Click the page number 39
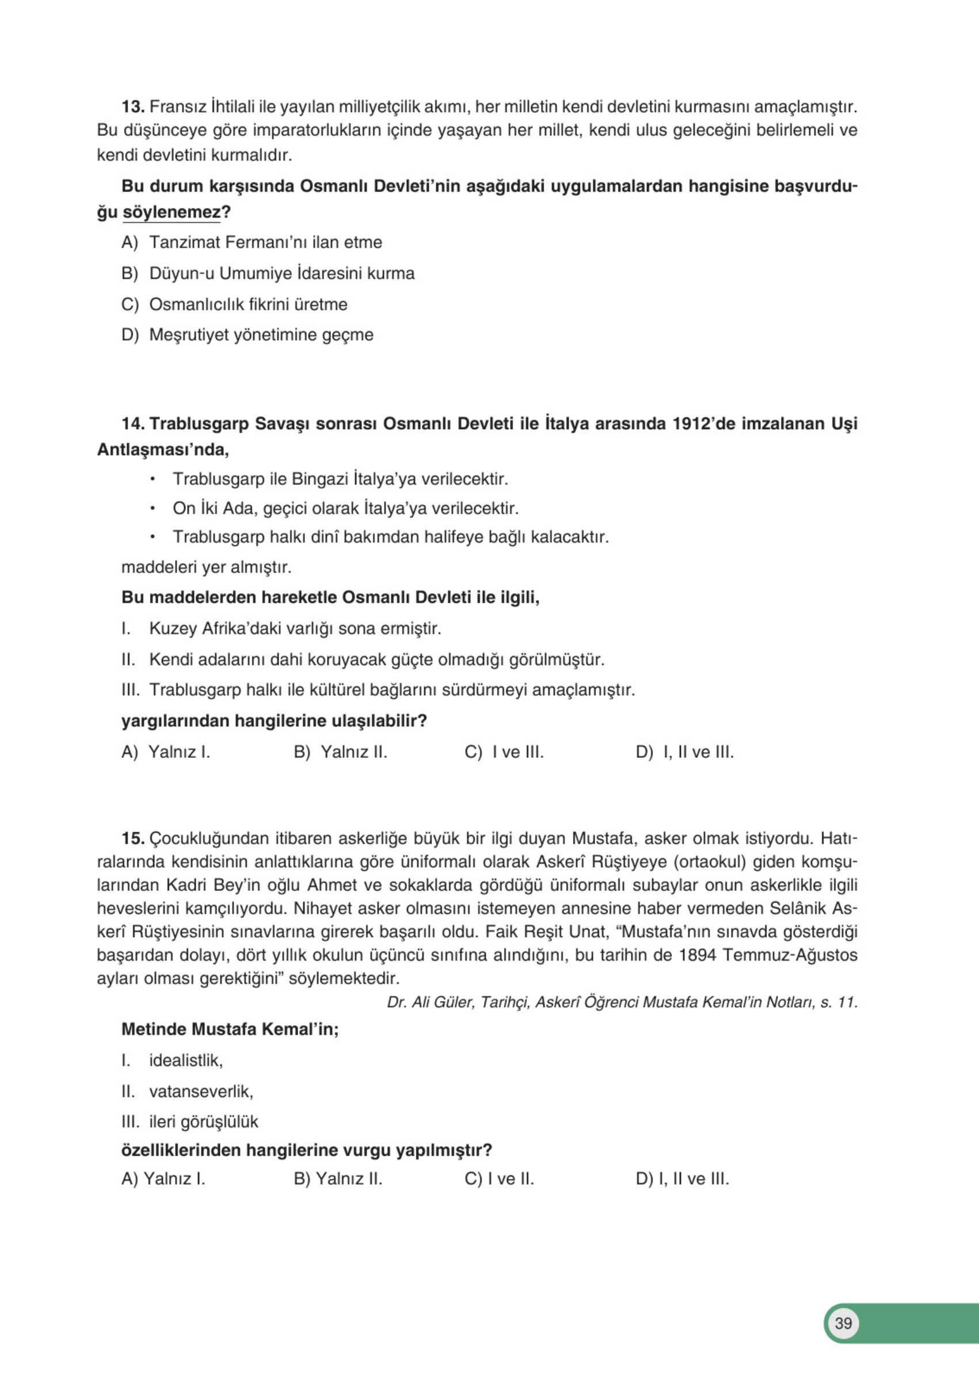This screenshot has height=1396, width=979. click(843, 1323)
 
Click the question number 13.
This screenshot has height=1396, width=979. click(132, 107)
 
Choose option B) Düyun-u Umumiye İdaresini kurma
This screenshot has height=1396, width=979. click(268, 274)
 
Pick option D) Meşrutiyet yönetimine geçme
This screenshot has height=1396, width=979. click(247, 335)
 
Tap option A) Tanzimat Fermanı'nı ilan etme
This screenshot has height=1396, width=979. click(252, 242)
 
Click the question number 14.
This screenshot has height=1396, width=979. click(132, 423)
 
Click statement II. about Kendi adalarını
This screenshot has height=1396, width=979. click(362, 659)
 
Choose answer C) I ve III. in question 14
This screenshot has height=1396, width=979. click(504, 753)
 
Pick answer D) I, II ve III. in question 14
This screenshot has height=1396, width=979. click(684, 753)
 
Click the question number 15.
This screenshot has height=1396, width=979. click(132, 839)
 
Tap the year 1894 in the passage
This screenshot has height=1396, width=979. click(698, 955)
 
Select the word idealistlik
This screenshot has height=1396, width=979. click(185, 1061)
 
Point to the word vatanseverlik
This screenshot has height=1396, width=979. click(200, 1092)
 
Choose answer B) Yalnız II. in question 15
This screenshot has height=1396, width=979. click(338, 1179)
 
